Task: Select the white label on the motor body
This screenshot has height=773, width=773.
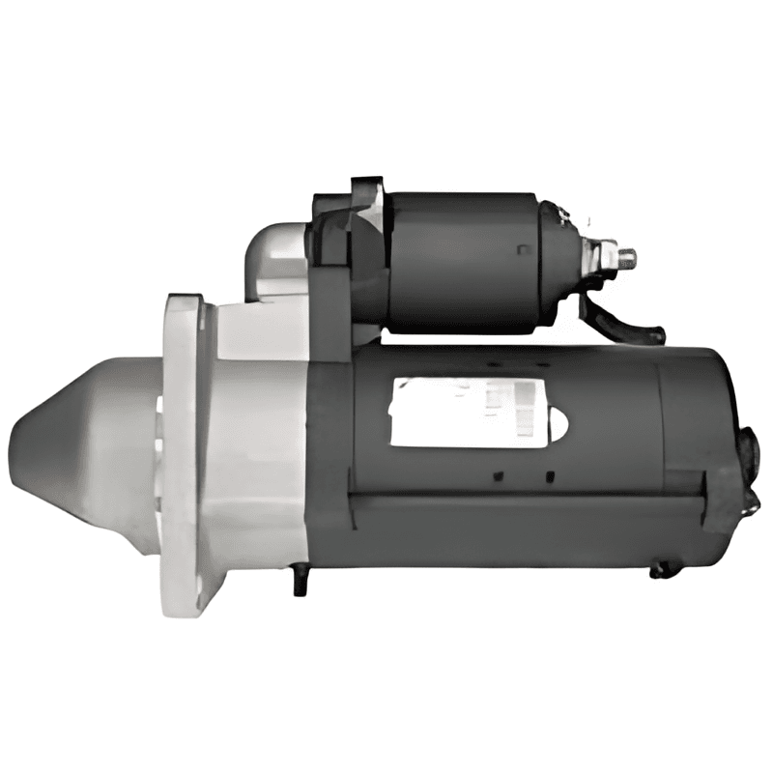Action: (464, 411)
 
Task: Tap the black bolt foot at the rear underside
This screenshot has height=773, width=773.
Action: (664, 570)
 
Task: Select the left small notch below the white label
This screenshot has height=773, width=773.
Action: (498, 475)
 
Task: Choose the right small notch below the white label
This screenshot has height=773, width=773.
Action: (549, 475)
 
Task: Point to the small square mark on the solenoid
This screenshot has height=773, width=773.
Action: (523, 250)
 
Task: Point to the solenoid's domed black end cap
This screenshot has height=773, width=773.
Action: (560, 256)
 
